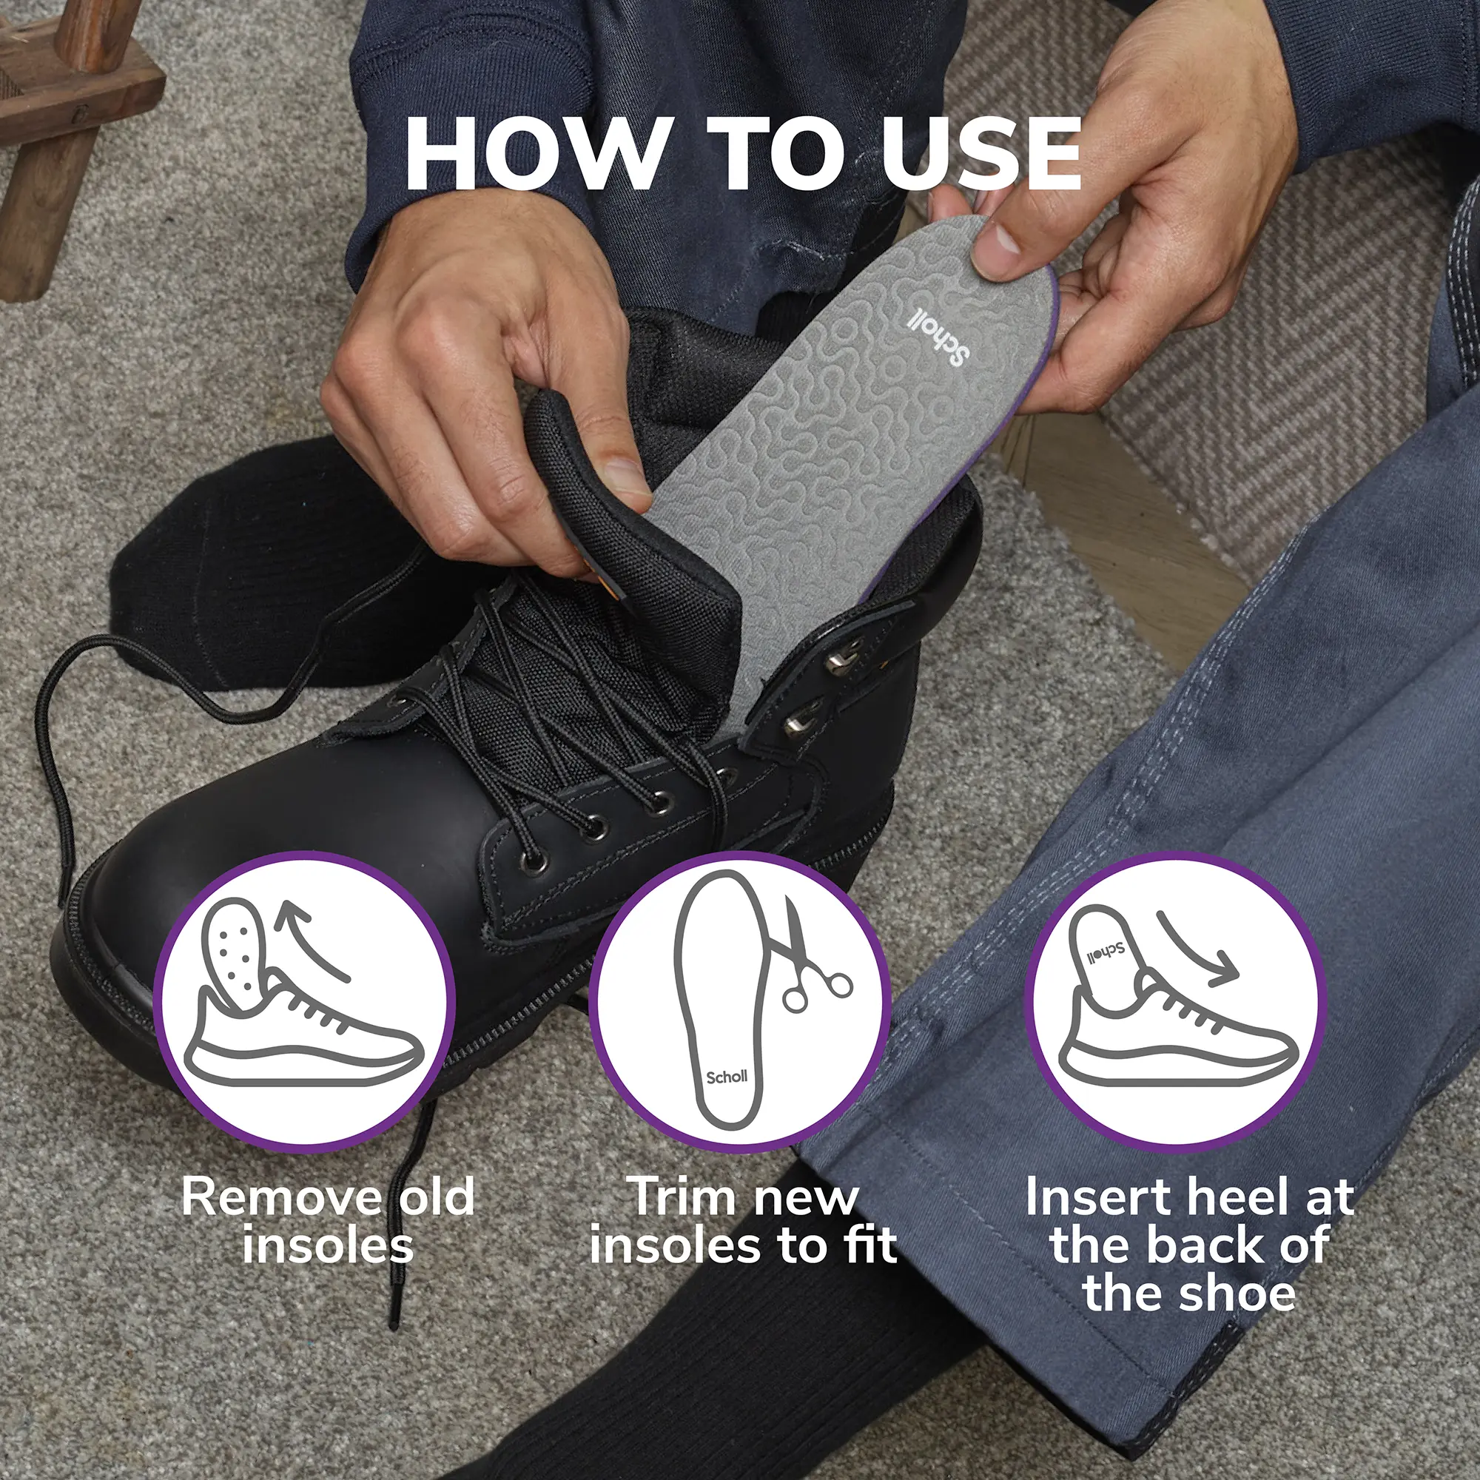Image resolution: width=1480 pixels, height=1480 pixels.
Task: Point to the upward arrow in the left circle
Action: click(314, 939)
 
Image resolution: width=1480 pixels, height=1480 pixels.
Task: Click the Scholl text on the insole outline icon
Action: click(726, 1076)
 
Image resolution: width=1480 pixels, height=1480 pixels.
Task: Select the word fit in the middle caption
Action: click(871, 1245)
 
